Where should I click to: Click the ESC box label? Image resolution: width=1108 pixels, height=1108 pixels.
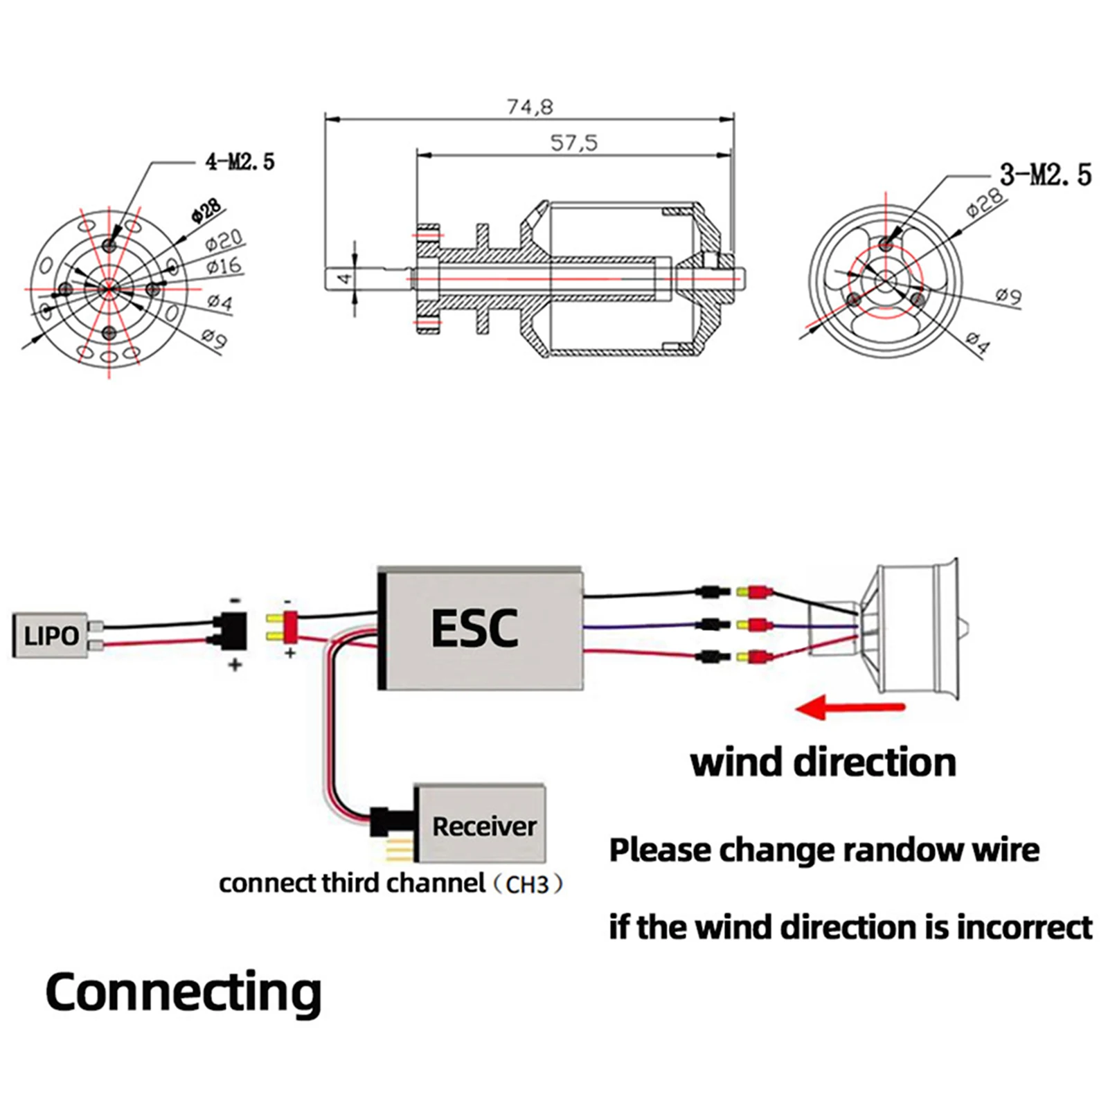pos(474,629)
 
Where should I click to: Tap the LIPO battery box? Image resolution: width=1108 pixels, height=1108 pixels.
pos(51,634)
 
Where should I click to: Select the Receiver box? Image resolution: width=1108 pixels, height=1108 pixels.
pos(484,825)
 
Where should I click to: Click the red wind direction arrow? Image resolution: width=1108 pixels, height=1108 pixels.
pos(851,708)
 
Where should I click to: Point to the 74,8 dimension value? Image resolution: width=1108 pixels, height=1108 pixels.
pos(530,107)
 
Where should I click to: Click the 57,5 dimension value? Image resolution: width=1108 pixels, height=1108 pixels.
pos(573,143)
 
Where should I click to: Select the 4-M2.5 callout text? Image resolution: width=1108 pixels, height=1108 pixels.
pos(240,162)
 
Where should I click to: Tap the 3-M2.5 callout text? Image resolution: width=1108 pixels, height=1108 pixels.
pos(1045,175)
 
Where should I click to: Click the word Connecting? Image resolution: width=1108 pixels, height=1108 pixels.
pos(183,992)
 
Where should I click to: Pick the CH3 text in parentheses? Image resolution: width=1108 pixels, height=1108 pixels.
pos(527,885)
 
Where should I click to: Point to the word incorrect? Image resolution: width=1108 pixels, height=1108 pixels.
pos(1025,927)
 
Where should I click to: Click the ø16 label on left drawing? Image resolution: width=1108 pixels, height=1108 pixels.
pos(223,266)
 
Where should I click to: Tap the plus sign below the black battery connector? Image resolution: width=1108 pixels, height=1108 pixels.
pos(235,665)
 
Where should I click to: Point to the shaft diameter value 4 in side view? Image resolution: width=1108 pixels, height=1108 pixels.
pos(344,279)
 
